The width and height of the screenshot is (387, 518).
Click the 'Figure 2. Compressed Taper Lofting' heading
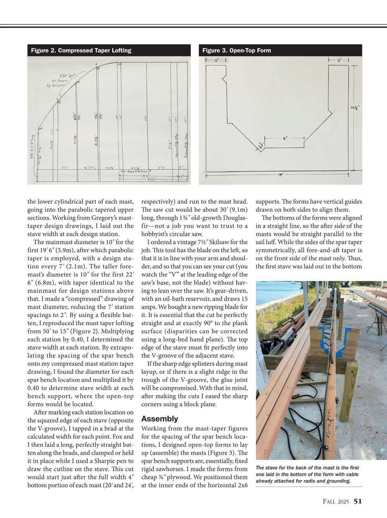pos(81,51)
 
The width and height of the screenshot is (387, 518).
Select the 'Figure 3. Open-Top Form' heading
pos(236,51)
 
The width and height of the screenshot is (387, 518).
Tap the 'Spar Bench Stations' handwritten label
pos(135,172)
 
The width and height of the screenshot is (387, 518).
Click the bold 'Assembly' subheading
pos(160,419)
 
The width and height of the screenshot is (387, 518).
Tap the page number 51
pos(358,501)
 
